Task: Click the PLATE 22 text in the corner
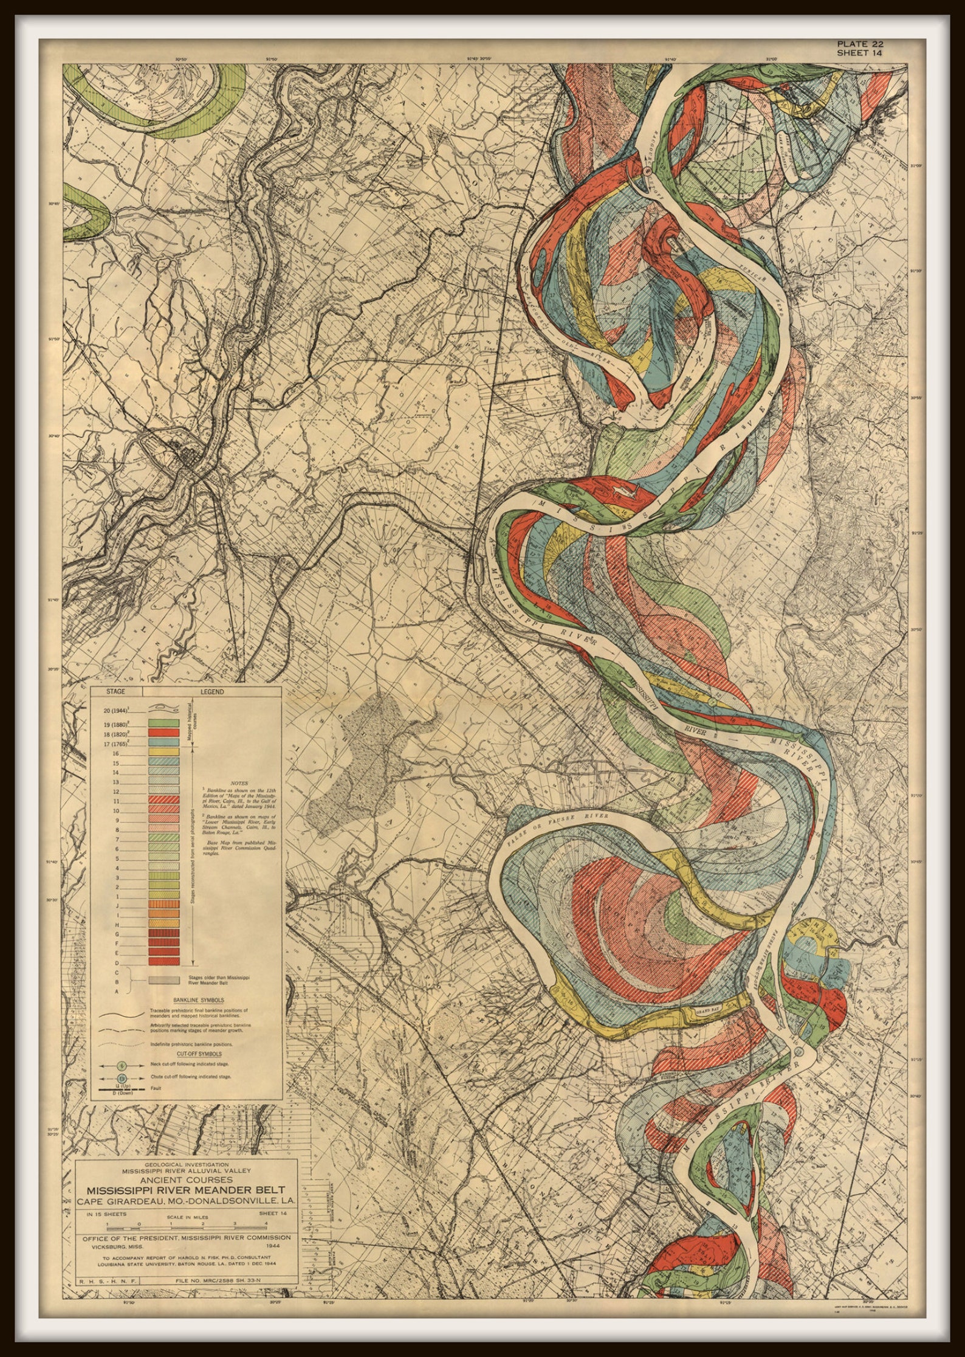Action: click(860, 44)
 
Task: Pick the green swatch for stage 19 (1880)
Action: click(163, 722)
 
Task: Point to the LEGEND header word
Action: click(211, 692)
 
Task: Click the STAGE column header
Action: click(115, 692)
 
